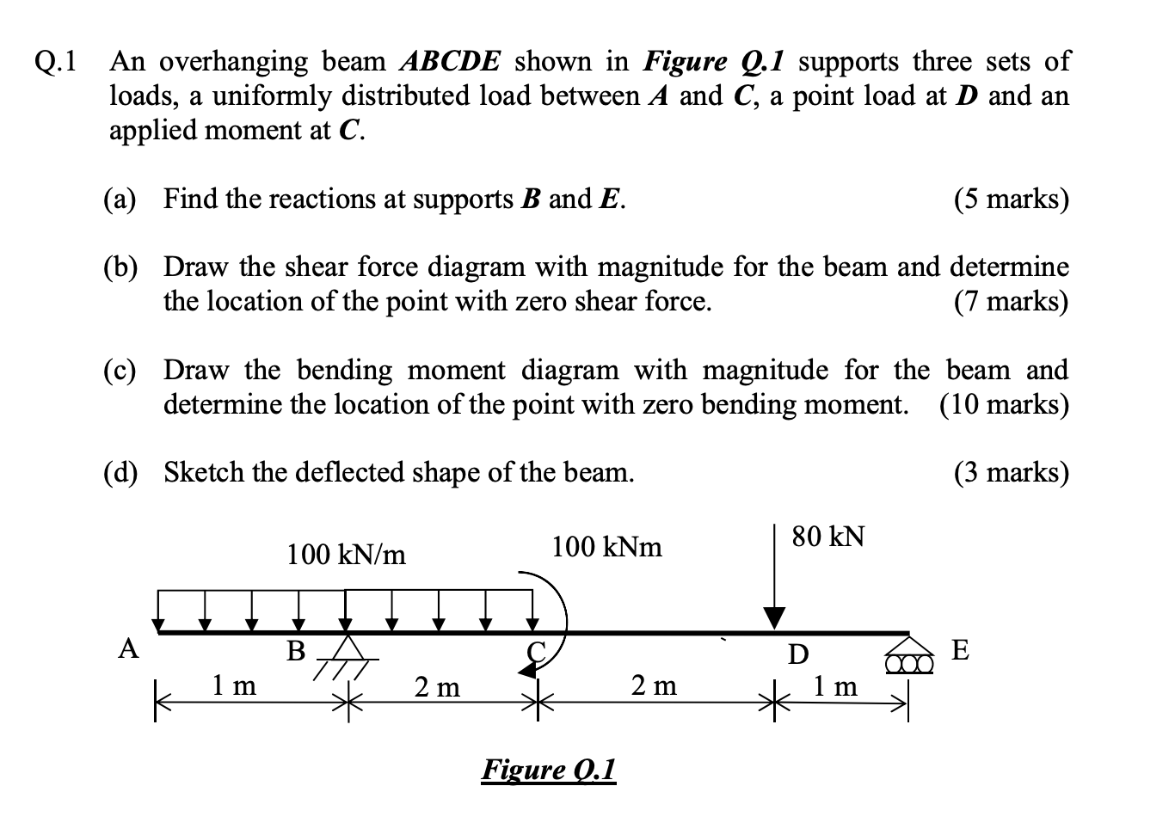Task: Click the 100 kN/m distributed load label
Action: (x=346, y=555)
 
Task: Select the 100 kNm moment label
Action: (x=606, y=547)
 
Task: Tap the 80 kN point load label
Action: (x=828, y=537)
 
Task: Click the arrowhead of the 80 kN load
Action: (x=775, y=617)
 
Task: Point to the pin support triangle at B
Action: (x=347, y=648)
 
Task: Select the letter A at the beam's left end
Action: (x=128, y=648)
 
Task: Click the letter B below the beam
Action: (x=296, y=651)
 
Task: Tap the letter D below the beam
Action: (x=798, y=655)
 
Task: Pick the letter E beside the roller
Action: (x=961, y=650)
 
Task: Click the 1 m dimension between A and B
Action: (x=234, y=685)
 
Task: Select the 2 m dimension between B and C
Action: (x=437, y=687)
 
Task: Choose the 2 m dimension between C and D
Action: (x=654, y=685)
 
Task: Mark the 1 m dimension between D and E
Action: (x=835, y=686)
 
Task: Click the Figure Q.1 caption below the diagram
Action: (x=549, y=768)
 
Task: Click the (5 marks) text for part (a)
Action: (x=1011, y=199)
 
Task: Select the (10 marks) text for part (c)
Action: (x=1004, y=404)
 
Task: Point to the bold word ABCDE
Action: (x=452, y=62)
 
